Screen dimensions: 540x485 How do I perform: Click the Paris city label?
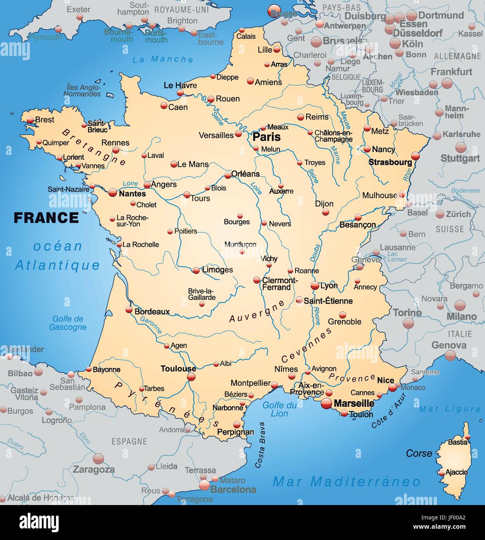[x=266, y=137]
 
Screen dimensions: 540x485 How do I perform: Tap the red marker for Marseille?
[x=327, y=404]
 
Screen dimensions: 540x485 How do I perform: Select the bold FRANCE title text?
[x=46, y=218]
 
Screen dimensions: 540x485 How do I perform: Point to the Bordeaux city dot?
[x=129, y=310]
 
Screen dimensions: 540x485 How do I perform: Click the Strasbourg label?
[x=390, y=162]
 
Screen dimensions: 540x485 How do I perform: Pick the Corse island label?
[x=419, y=453]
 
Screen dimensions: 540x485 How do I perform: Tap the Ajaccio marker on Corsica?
[x=442, y=473]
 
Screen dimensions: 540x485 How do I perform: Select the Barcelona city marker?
[x=205, y=485]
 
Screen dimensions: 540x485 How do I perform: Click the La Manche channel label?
[x=163, y=59]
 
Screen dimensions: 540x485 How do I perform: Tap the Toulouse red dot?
[x=191, y=377]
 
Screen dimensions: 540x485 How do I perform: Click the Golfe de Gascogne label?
[x=68, y=323]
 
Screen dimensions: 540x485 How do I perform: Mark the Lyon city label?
[x=329, y=286]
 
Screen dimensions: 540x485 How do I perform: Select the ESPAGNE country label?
[x=129, y=441]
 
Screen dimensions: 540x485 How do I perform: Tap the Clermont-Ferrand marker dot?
[x=257, y=280]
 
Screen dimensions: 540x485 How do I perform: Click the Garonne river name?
[x=151, y=325]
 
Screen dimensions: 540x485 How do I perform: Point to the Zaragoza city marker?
[x=99, y=458]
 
